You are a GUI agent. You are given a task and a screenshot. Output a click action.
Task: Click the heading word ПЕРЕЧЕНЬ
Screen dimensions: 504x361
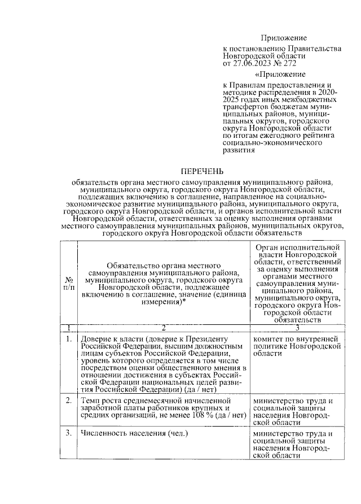pyautogui.click(x=202, y=171)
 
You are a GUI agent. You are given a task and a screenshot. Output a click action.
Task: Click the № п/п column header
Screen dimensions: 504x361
pyautogui.click(x=68, y=283)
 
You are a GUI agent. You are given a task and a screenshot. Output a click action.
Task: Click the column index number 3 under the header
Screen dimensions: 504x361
pyautogui.click(x=297, y=328)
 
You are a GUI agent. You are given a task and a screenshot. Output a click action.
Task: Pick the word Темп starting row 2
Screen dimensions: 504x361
pyautogui.click(x=90, y=401)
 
